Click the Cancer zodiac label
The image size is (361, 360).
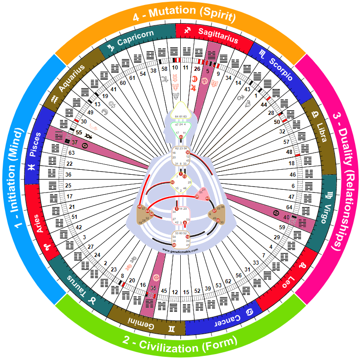221,319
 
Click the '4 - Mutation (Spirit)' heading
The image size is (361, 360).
184,18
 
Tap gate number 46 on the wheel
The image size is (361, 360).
292,174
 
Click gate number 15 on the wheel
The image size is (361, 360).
185,291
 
